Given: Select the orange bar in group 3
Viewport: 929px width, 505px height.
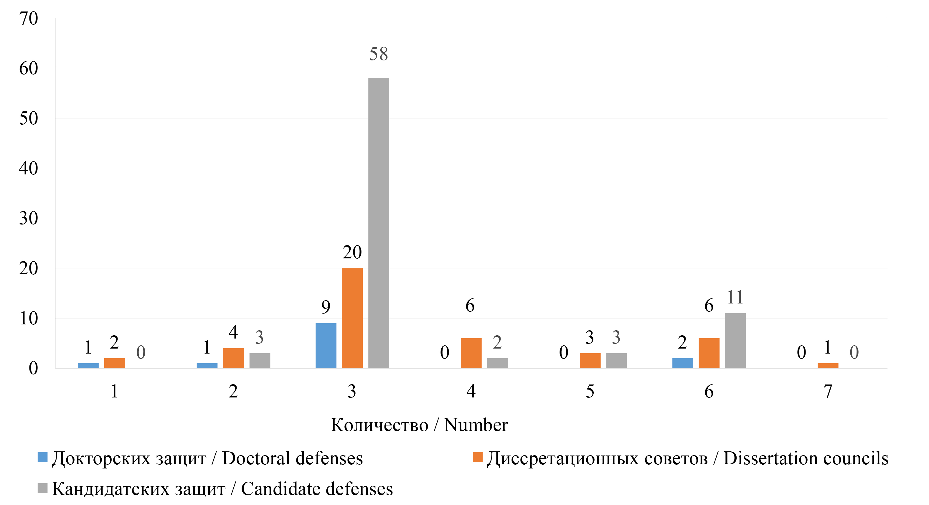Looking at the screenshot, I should (x=352, y=318).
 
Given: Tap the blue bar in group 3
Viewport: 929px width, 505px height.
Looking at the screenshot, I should (x=326, y=345).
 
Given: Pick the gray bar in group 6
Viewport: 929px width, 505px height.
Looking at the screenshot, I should (x=735, y=341).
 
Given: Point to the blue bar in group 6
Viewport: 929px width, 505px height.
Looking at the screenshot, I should (x=682, y=363).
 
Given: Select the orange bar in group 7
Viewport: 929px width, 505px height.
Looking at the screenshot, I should (x=828, y=365).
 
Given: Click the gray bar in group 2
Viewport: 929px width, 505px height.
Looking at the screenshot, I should (x=260, y=360).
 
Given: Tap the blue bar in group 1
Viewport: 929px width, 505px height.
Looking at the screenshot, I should (x=88, y=365).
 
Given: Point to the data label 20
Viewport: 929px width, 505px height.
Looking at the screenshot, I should (x=352, y=252).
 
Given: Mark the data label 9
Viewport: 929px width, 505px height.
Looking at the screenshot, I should (x=326, y=307).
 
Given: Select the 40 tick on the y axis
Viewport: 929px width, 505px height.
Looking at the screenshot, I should (x=29, y=168).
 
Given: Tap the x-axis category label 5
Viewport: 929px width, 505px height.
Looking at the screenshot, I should (x=590, y=391).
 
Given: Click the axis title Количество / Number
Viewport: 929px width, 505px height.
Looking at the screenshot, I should (x=419, y=425).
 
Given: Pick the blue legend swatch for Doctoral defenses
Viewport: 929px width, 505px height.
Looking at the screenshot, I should (x=42, y=457).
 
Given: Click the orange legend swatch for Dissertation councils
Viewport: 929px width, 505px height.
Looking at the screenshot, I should (x=478, y=457).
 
